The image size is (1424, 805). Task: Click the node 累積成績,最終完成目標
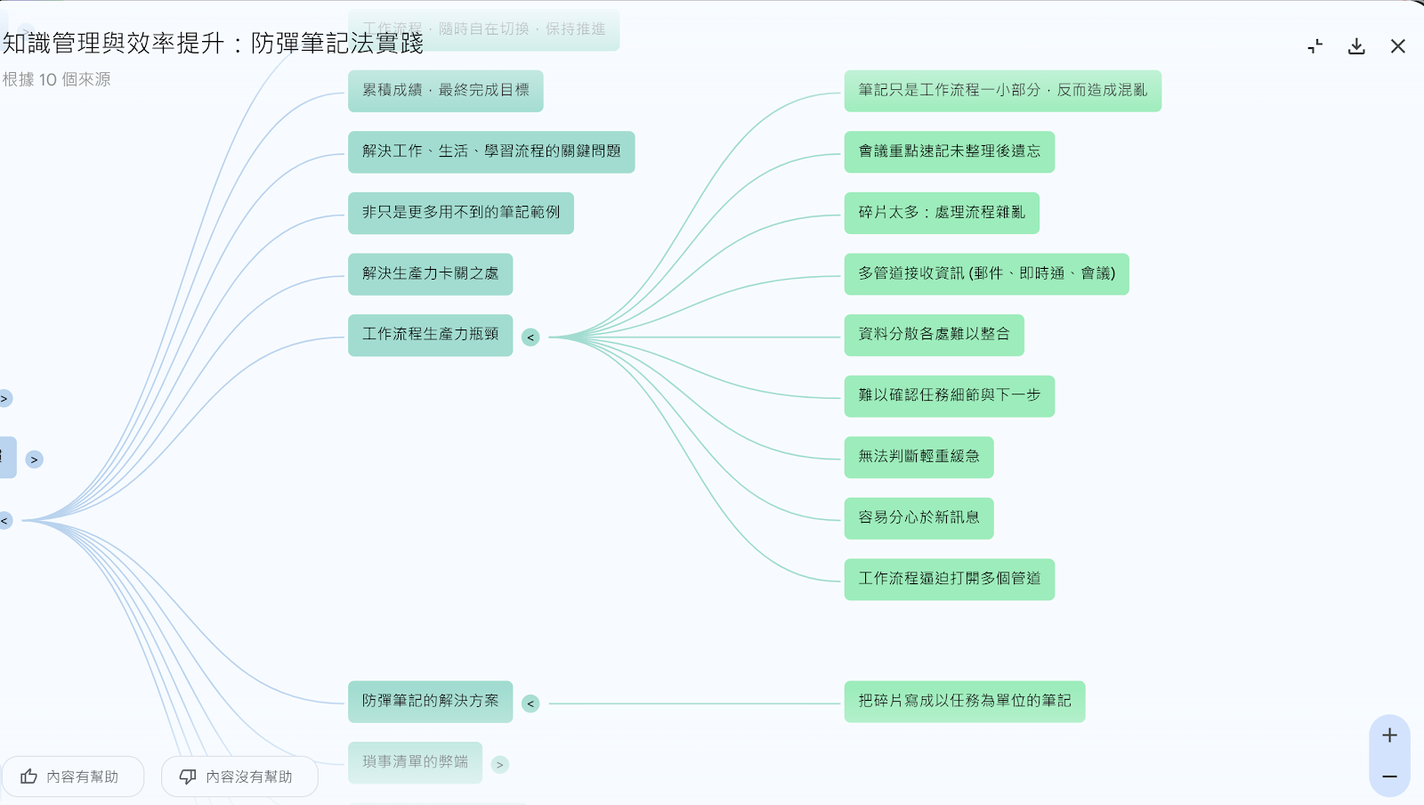coord(445,91)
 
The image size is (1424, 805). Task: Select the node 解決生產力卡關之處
coord(430,273)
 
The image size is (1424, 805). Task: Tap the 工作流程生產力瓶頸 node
coord(430,335)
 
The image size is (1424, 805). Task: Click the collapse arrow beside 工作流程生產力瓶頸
coord(530,337)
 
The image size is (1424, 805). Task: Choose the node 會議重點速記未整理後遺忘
coord(949,151)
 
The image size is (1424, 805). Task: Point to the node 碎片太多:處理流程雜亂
coord(941,213)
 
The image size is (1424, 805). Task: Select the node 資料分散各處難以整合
coord(934,335)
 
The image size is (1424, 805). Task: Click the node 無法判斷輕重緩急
coord(918,457)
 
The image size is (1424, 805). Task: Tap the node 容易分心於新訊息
coord(918,517)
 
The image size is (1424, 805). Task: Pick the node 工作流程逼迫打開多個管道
coord(949,579)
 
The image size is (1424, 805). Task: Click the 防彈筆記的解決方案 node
coord(430,702)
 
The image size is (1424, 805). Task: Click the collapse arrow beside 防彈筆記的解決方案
coord(530,703)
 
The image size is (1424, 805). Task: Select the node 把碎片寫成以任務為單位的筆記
coord(964,702)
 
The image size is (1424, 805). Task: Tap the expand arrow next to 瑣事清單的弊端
coord(500,764)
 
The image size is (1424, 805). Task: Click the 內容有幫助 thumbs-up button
coord(72,777)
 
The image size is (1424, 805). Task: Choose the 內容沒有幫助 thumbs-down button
coord(239,777)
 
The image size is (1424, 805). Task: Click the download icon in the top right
coord(1356,46)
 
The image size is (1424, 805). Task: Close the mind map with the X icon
coord(1398,46)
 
